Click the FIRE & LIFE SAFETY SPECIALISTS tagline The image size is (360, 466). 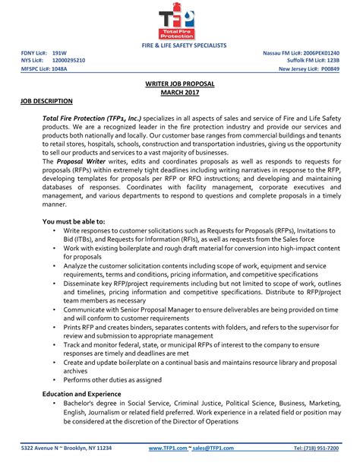click(179, 46)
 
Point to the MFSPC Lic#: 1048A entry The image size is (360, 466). click(43, 68)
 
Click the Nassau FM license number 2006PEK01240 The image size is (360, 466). click(321, 52)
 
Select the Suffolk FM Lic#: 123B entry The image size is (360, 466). click(308, 60)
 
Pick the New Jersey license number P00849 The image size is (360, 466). click(327, 68)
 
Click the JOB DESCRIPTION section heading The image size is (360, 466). click(46, 100)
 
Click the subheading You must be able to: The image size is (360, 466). click(74, 220)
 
